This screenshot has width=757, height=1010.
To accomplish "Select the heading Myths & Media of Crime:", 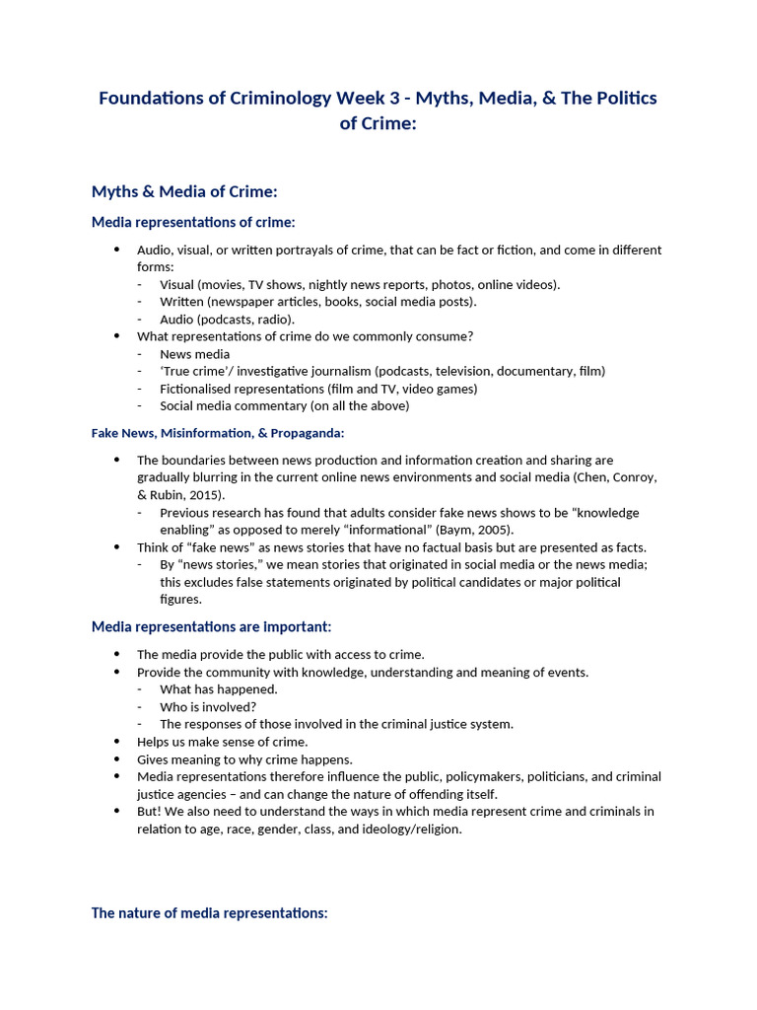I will point(184,190).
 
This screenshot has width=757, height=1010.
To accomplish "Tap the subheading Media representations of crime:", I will point(193,222).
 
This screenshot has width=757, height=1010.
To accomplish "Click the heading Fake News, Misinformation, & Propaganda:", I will point(218,432).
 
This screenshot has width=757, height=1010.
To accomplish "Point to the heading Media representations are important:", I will point(211,626).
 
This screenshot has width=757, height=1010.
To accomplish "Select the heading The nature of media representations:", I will point(209,912).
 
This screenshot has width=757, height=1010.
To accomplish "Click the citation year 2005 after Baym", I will point(491,530).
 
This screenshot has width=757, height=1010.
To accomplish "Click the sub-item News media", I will point(194,354).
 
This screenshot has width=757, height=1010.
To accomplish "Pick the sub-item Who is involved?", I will point(208,706).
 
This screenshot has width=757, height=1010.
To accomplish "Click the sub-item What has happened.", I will point(218,689).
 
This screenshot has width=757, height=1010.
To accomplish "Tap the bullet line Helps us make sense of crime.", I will point(222,742).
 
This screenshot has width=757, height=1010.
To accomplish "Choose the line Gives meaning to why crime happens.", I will point(244,759).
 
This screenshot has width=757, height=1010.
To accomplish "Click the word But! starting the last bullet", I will point(149,811).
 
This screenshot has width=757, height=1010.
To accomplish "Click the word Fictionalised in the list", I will point(197,389).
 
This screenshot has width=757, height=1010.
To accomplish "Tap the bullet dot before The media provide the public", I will point(116,654).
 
